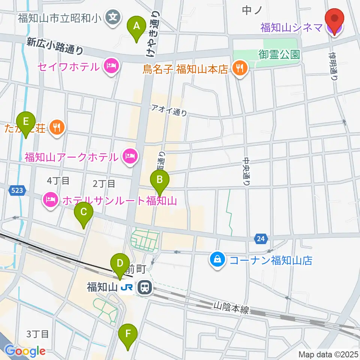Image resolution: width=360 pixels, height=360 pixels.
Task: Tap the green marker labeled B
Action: [160, 179]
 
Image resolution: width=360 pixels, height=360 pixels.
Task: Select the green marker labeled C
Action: [83, 212]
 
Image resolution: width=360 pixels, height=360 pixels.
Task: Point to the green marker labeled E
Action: [26, 122]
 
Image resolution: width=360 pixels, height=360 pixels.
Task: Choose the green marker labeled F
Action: [128, 333]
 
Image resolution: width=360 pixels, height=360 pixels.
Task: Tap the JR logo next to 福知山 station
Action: [126, 288]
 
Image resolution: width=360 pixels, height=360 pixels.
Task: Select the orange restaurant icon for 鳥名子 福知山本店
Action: [239, 69]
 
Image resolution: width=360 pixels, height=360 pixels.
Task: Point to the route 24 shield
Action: [261, 238]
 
